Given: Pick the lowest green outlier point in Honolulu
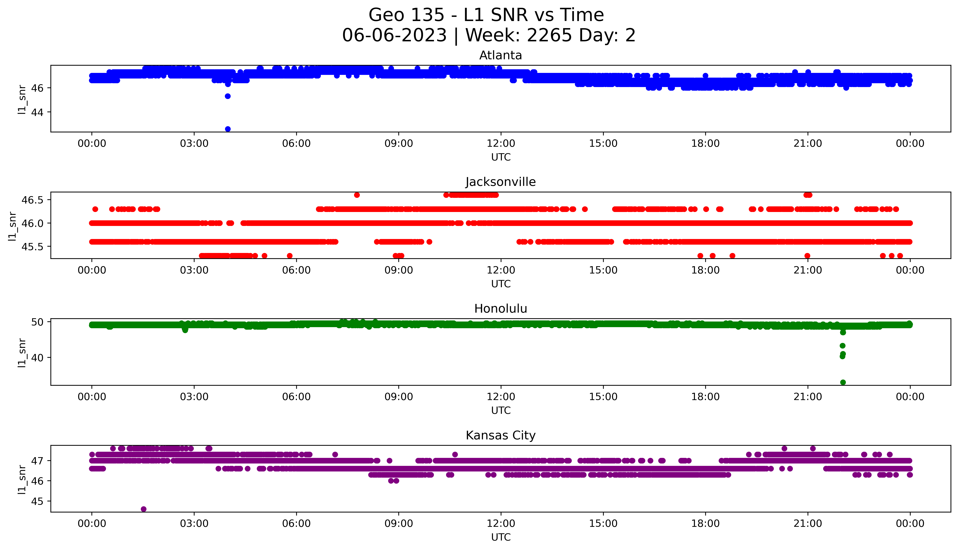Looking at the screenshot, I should click(x=843, y=382).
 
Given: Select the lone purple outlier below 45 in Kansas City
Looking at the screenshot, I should click(x=144, y=509).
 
